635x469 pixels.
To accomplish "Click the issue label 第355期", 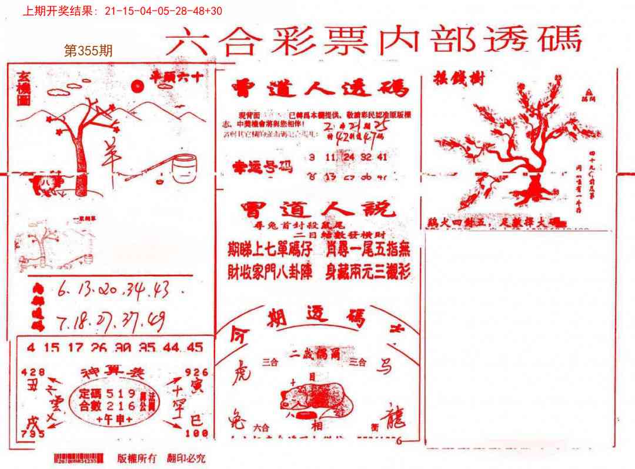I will (88, 51).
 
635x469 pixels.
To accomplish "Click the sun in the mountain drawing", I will (138, 87).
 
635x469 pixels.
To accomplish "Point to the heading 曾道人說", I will (315, 209).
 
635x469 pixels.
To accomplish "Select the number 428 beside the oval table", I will (32, 372).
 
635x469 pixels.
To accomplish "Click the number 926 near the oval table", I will (196, 372).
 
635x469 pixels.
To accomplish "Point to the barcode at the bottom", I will (78, 458).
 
